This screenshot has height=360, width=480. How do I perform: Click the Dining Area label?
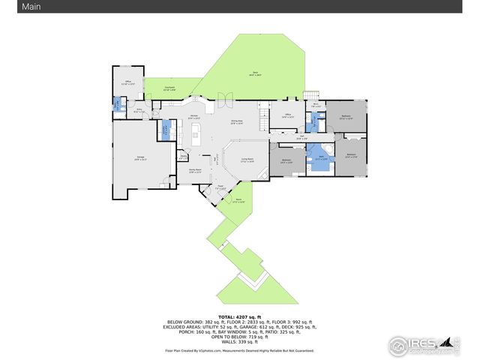(236, 121)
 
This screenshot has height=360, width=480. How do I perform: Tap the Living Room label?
(247, 160)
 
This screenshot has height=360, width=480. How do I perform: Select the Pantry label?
(183, 157)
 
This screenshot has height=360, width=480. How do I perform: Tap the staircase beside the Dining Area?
(264, 117)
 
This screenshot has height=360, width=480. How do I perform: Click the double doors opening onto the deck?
(224, 97)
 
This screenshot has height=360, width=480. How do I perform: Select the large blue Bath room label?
(322, 159)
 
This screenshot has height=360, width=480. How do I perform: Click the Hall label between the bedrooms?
(301, 138)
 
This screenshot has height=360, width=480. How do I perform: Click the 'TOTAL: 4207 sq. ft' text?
(240, 317)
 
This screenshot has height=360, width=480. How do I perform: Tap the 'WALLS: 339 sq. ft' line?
(240, 341)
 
